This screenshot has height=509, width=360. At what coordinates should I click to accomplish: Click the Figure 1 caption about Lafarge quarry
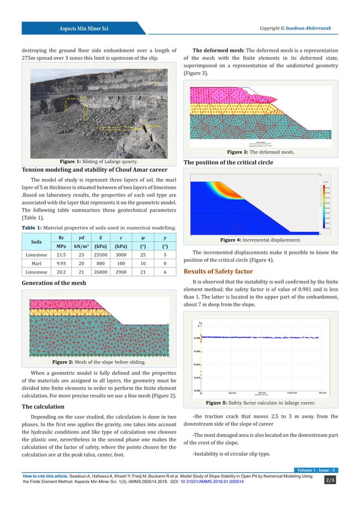pos(94,162)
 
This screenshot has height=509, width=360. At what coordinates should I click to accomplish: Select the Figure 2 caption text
pos(94,362)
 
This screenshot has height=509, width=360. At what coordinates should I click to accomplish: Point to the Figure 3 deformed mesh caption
pos(261,152)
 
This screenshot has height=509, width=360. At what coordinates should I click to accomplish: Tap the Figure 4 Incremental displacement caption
pos(261,240)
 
